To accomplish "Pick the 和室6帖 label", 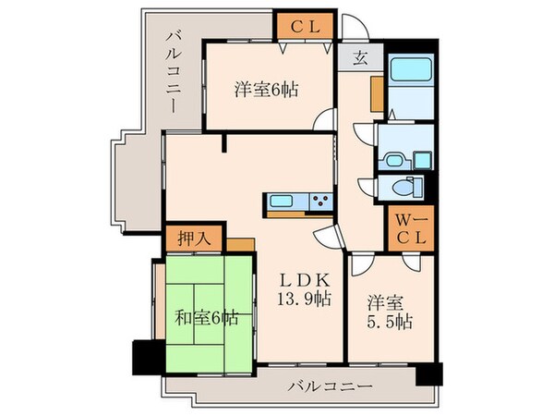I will point(207,319).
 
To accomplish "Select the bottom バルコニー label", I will point(330,385).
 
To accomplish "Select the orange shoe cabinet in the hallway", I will point(376,93).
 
